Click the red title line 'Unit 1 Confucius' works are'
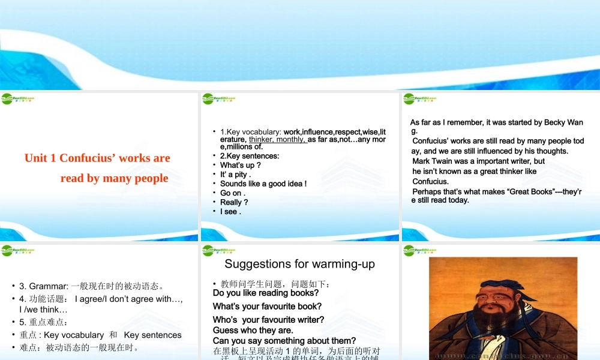[97, 158]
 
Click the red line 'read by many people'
[114, 178]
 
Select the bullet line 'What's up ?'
[240, 166]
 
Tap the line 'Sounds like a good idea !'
[263, 184]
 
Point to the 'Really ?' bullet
[234, 202]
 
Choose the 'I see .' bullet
[230, 212]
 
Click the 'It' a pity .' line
[235, 175]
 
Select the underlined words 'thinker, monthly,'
[278, 139]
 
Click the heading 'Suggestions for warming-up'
[299, 264]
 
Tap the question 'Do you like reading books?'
[266, 293]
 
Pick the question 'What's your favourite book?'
[267, 307]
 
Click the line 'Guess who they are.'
[253, 331]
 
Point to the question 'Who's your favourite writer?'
[268, 320]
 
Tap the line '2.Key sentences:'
[250, 156]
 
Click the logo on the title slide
[17, 99]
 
